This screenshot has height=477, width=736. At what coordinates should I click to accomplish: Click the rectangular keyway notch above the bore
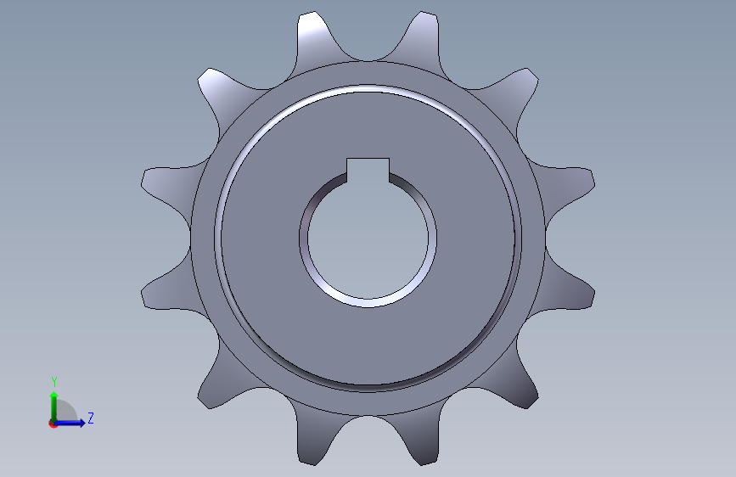(368, 170)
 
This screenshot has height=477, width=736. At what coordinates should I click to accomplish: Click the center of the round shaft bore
(368, 238)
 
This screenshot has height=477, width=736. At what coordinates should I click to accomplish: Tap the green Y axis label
(54, 381)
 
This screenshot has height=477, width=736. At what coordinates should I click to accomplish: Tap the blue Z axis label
(91, 418)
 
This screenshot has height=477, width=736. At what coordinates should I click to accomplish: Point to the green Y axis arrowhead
(54, 396)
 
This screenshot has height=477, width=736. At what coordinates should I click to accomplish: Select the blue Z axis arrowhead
(81, 423)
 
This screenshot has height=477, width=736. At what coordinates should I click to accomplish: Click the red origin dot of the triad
(53, 424)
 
